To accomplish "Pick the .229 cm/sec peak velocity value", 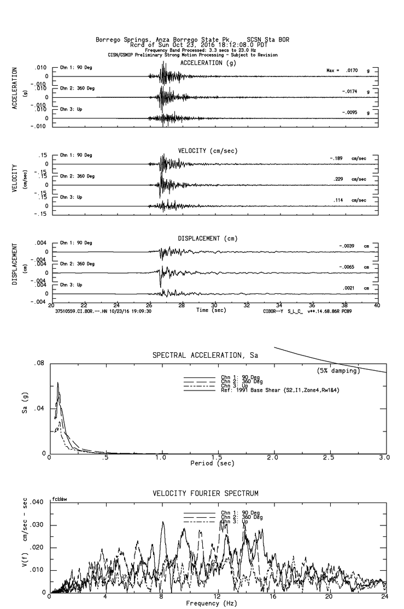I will (x=338, y=179).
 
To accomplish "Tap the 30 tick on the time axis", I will (x=214, y=306).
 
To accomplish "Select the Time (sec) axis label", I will (x=210, y=310).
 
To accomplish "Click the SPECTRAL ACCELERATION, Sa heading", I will (x=206, y=356).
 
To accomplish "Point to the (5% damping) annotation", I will (x=338, y=371).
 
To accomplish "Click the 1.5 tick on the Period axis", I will (x=217, y=458).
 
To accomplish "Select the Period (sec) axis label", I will (x=212, y=463).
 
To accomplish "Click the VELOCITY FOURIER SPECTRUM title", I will (x=206, y=494).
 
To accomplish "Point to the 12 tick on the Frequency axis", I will (x=218, y=597).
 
